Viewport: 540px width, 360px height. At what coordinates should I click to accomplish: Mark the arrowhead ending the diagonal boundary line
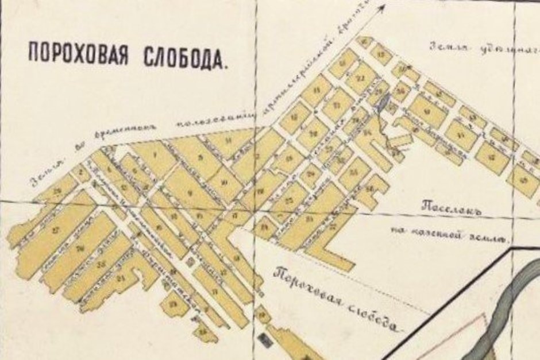click(381, 6)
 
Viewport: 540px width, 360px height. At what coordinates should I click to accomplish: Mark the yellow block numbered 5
click(200, 157)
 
